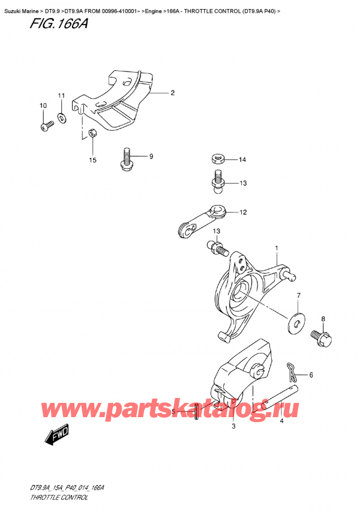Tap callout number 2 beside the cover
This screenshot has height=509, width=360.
point(172,93)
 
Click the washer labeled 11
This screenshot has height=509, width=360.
point(62,115)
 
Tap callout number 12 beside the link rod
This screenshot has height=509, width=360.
point(243,212)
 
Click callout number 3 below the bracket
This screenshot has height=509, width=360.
point(234,427)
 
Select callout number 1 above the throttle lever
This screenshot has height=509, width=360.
point(277,248)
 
